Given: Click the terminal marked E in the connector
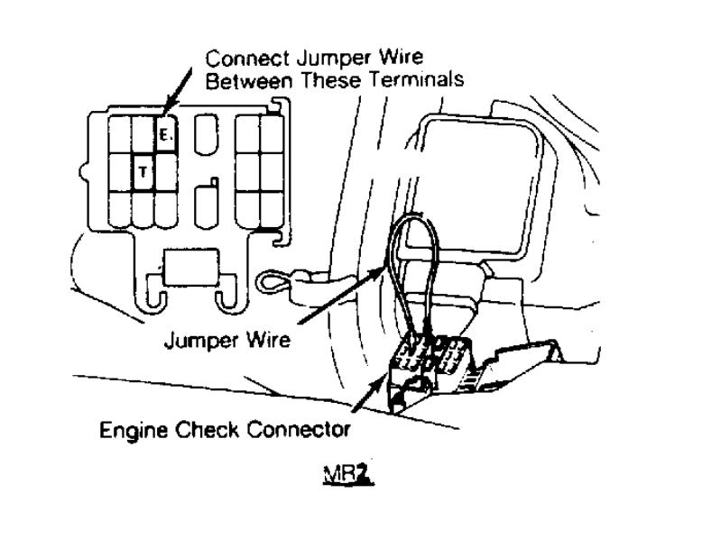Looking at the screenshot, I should coord(164,135).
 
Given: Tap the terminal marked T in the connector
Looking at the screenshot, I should coord(143,171).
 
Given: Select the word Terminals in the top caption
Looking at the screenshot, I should coord(413,79).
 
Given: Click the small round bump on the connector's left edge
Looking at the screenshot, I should coord(83,168).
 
